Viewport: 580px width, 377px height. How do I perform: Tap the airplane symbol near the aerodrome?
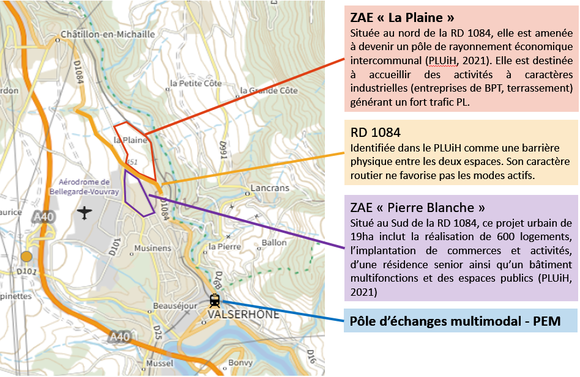click(x=84, y=213)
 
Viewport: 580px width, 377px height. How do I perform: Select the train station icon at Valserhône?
click(x=215, y=301)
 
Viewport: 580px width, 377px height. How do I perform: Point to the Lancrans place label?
click(x=269, y=188)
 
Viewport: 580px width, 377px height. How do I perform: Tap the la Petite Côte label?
click(x=192, y=82)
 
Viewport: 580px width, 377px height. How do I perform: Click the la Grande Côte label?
click(x=269, y=90)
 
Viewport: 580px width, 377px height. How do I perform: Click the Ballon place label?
click(x=273, y=243)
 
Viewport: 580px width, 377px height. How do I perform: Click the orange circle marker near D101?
click(x=26, y=256)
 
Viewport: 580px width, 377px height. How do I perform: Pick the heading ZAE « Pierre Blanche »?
click(x=418, y=207)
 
